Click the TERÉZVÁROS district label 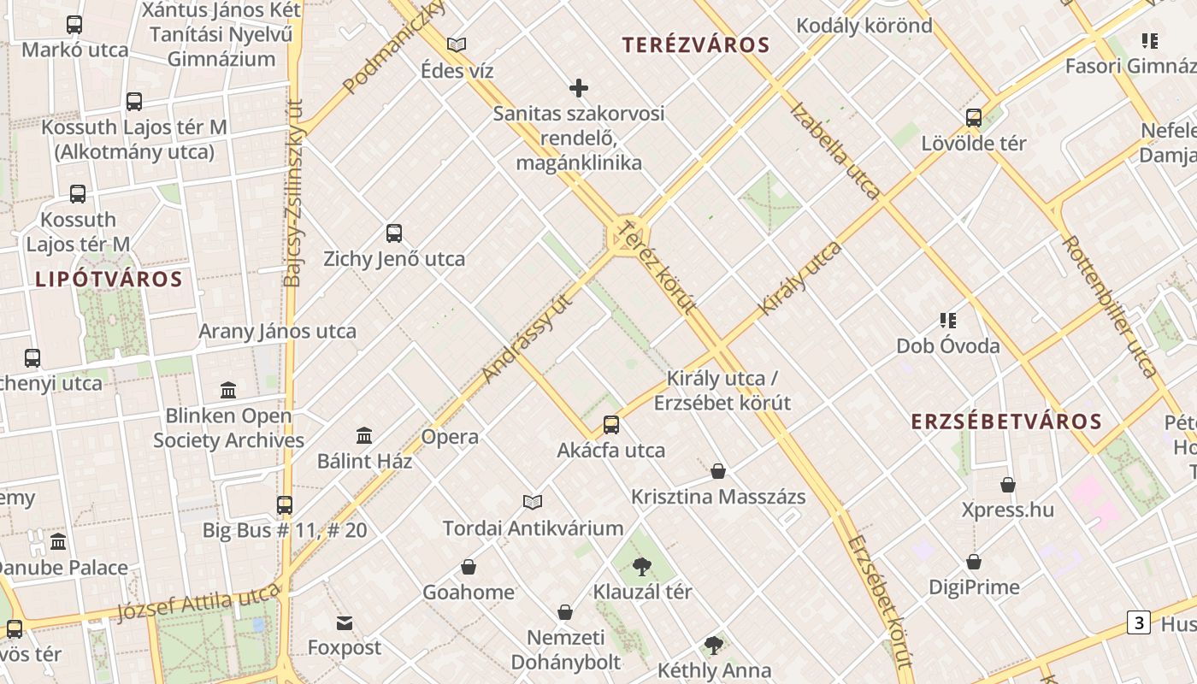tap(696, 45)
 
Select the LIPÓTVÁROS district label tap(109, 279)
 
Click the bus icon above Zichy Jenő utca tap(394, 233)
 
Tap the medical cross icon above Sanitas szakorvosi tap(579, 88)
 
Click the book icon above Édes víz tap(457, 44)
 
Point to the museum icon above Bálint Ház tap(364, 435)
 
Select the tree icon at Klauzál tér tap(642, 566)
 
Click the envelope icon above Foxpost tap(345, 622)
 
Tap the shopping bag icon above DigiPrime tap(974, 562)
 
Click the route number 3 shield tap(1138, 622)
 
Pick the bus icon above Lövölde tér tap(974, 118)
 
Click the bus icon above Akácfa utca tap(611, 424)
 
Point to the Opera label tap(450, 437)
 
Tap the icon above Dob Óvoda tap(947, 321)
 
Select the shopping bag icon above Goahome tap(469, 567)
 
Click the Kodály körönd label tap(864, 26)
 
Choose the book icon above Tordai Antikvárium tap(533, 502)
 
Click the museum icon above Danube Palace tap(58, 541)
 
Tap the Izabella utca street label tap(834, 150)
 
